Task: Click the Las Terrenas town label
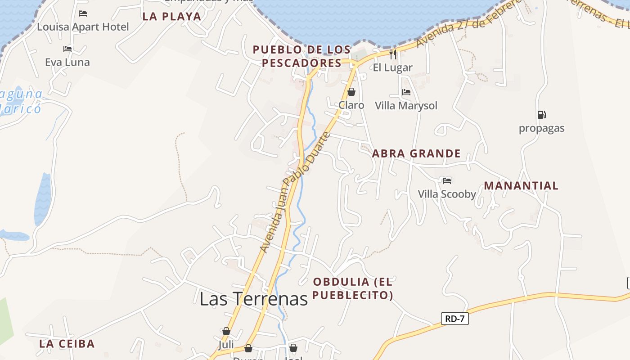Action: (253, 299)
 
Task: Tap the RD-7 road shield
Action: (454, 319)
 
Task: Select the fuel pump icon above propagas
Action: (541, 115)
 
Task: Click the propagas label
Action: (541, 128)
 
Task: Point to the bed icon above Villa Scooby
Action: (446, 180)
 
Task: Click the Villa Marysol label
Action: (406, 106)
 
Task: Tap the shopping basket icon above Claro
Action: (351, 92)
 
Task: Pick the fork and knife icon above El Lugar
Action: (393, 54)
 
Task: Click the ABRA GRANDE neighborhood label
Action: (416, 153)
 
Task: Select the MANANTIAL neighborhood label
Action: (521, 185)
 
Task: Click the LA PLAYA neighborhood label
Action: (171, 17)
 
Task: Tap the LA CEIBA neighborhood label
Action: (67, 344)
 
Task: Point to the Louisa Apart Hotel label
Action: (83, 27)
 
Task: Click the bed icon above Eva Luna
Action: (67, 49)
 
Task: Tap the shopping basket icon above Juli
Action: (226, 331)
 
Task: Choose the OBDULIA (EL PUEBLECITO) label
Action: (353, 288)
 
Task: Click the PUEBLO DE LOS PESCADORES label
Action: (301, 56)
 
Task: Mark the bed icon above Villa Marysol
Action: (406, 92)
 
